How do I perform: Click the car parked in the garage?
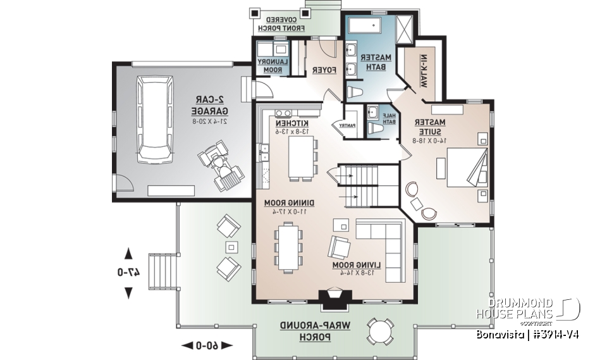click(x=155, y=119)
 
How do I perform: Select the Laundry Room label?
click(x=273, y=65)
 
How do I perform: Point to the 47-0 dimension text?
click(x=128, y=272)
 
